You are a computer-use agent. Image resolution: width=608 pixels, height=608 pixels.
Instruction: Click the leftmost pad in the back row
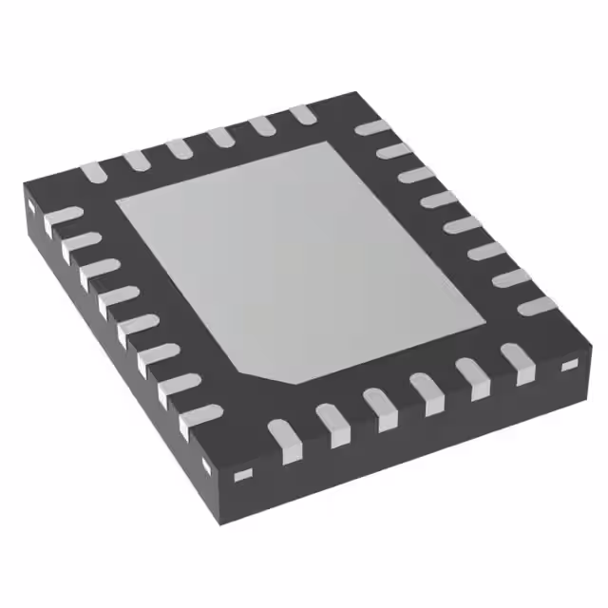(91, 172)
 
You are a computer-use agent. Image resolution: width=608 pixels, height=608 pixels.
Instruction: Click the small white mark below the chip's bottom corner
(241, 472)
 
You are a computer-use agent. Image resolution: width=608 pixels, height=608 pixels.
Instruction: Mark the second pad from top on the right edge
(391, 152)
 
